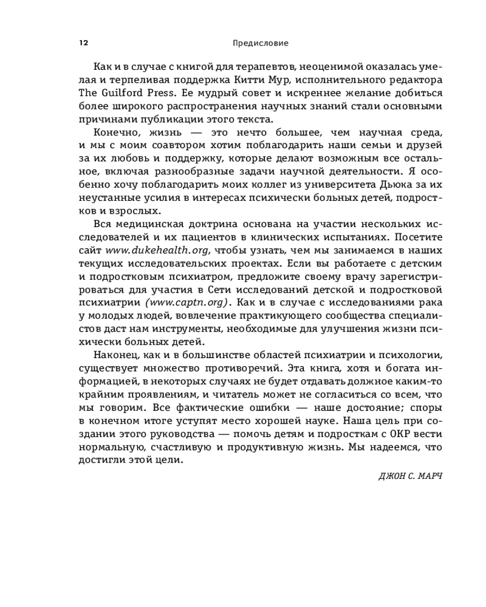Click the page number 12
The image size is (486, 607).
[83, 43]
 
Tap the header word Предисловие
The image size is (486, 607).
[261, 43]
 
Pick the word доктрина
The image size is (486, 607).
[220, 225]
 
